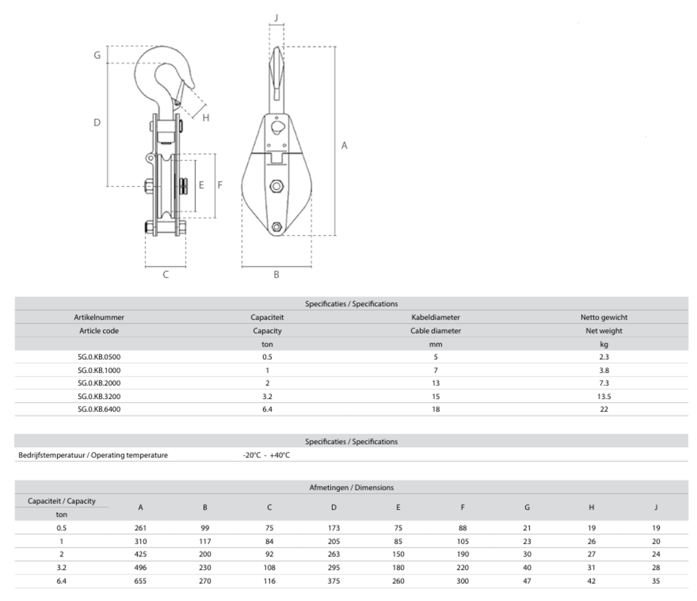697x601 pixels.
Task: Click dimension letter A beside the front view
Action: [345, 145]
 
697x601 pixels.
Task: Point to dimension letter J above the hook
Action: [276, 17]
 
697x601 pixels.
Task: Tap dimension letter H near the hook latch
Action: [206, 118]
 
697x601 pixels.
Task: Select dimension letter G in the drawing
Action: [96, 55]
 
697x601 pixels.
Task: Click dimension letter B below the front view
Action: [276, 275]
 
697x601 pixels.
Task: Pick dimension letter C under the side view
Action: [165, 275]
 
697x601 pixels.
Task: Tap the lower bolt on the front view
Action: [276, 227]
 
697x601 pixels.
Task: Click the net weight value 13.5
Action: [604, 396]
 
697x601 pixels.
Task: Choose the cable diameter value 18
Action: [435, 409]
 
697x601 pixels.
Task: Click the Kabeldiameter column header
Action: [435, 317]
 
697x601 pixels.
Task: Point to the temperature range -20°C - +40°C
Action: [266, 455]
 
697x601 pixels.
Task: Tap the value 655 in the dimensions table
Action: [141, 581]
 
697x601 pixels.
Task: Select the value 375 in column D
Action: [334, 581]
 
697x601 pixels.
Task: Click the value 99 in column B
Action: [205, 528]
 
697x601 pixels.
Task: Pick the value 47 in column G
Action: [527, 581]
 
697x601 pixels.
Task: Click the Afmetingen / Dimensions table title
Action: [351, 487]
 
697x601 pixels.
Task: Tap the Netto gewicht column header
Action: [604, 317]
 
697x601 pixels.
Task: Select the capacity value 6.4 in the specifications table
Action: [267, 409]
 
